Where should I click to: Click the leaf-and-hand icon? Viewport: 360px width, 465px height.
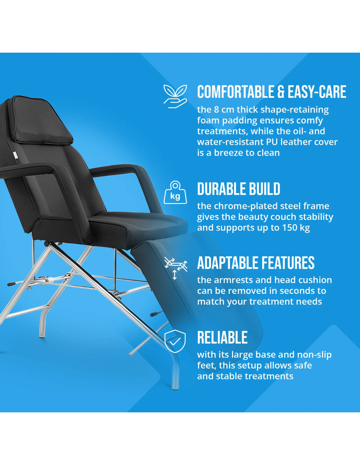pyautogui.click(x=175, y=96)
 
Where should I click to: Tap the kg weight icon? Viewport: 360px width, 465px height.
pyautogui.click(x=175, y=192)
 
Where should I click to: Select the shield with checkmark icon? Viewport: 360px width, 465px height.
pyautogui.click(x=175, y=341)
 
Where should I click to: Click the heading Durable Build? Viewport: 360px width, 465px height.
pyautogui.click(x=239, y=189)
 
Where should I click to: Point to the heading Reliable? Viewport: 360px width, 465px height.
pyautogui.click(x=222, y=337)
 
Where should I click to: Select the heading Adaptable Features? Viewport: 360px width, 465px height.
pyautogui.click(x=256, y=263)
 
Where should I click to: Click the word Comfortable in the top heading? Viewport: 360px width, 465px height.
pyautogui.click(x=236, y=92)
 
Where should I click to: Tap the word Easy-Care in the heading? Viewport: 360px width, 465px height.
pyautogui.click(x=317, y=92)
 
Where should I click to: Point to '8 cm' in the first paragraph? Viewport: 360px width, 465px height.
pyautogui.click(x=224, y=110)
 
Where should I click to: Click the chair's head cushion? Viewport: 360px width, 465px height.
pyautogui.click(x=42, y=120)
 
